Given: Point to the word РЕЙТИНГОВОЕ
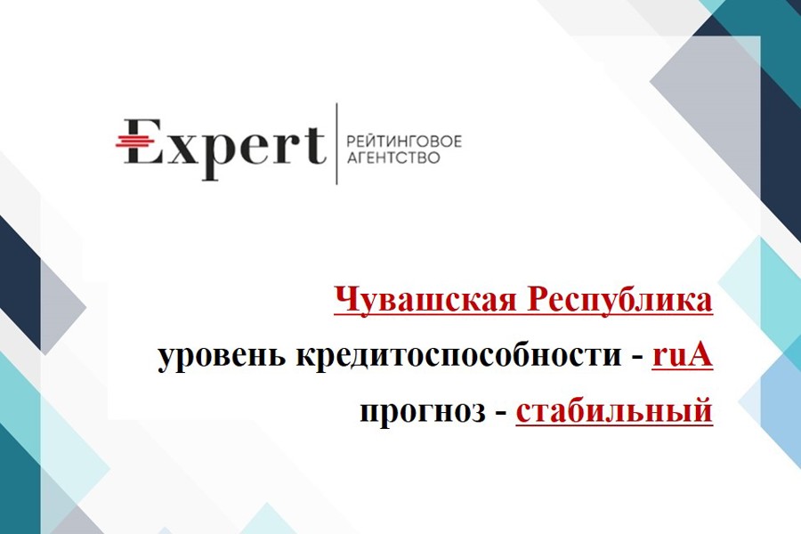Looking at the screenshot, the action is [x=403, y=141].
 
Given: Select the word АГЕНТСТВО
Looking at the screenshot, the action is [x=393, y=158].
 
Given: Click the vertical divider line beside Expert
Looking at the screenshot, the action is [x=336, y=143].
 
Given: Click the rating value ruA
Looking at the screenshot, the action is [x=682, y=354].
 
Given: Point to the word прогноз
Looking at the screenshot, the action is [x=423, y=411].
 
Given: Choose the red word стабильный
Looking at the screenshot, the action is [x=614, y=410].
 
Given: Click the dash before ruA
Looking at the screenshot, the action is [x=636, y=358].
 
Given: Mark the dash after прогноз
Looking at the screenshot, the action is [x=500, y=413].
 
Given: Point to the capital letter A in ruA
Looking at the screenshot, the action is [x=699, y=354].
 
